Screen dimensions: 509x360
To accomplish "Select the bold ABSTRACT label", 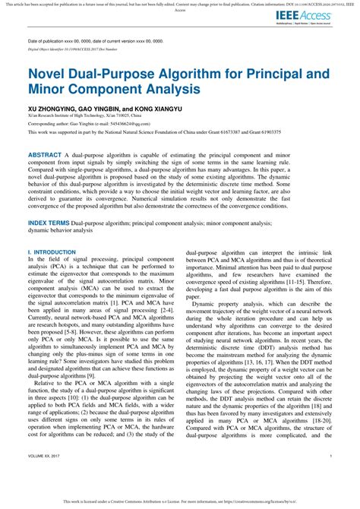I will [46, 154].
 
